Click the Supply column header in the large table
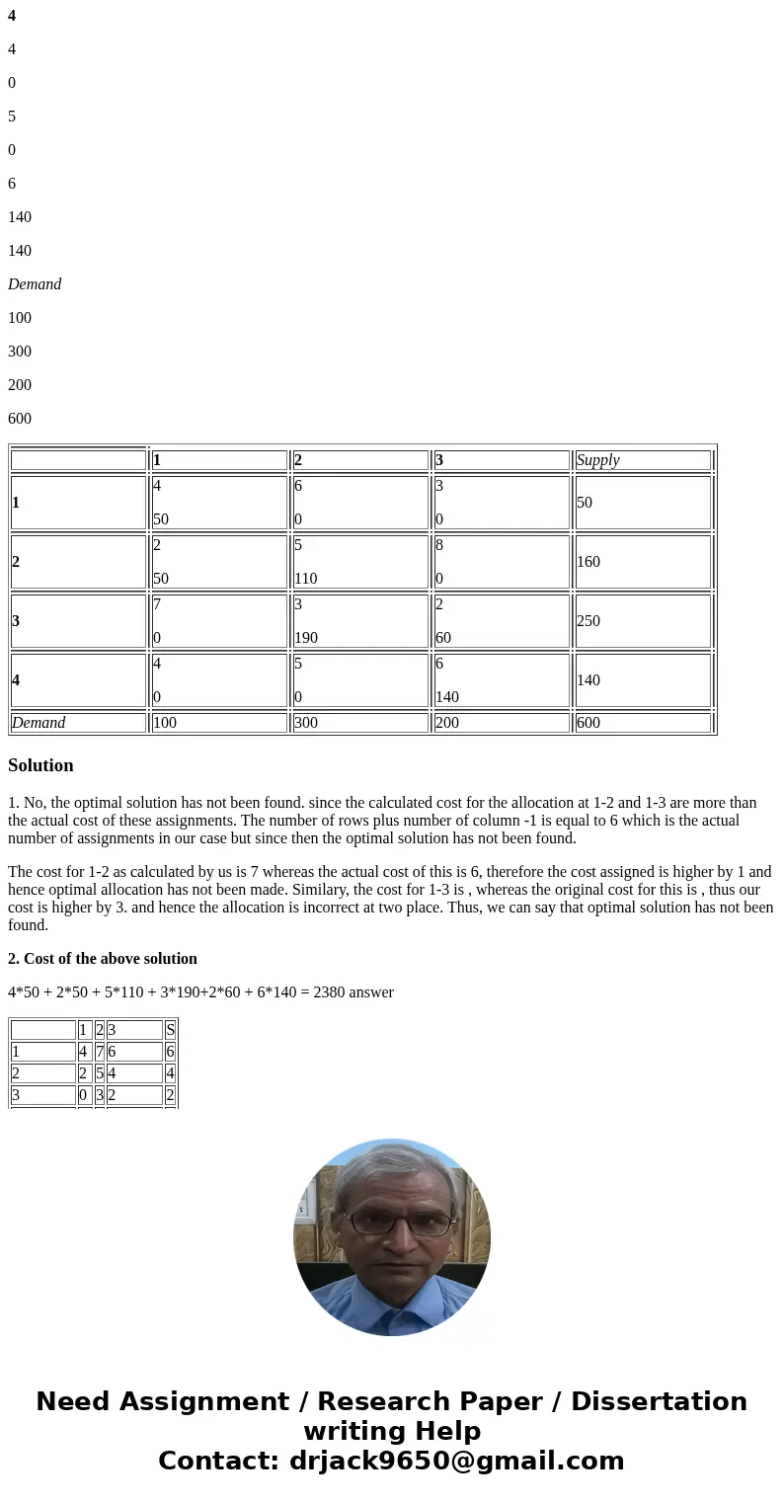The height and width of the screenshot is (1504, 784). [x=597, y=460]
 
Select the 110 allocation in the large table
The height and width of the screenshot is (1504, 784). [x=305, y=579]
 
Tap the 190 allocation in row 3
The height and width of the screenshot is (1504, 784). [x=305, y=638]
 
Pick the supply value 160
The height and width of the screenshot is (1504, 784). [x=588, y=562]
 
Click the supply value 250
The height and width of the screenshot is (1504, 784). [x=588, y=621]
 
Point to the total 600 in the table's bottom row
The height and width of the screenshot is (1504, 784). [x=588, y=723]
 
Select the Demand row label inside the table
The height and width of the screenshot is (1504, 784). [x=39, y=723]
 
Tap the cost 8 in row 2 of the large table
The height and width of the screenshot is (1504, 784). [x=439, y=544]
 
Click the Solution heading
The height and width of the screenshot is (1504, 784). [x=40, y=765]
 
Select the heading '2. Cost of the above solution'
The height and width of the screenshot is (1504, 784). [x=103, y=959]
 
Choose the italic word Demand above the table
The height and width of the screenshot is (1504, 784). [x=35, y=284]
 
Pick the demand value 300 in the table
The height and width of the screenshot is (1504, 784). [x=307, y=723]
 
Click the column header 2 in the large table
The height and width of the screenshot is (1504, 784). [x=298, y=460]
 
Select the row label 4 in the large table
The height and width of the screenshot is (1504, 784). [x=16, y=680]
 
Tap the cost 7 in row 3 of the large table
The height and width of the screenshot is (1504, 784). [x=157, y=603]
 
